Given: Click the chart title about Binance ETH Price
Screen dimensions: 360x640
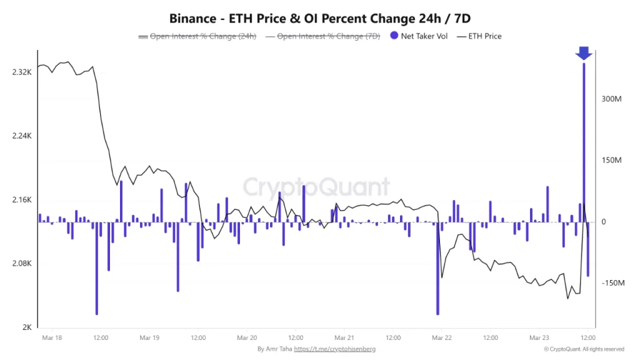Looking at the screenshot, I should pyautogui.click(x=320, y=19).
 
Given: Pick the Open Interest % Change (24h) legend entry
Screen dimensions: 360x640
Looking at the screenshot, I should pyautogui.click(x=197, y=36).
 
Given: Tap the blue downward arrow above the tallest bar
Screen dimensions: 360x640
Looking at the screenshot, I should pyautogui.click(x=584, y=54).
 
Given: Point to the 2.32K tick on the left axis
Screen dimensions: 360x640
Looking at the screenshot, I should pyautogui.click(x=21, y=72).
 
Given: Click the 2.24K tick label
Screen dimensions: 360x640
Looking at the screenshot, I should pyautogui.click(x=21, y=136).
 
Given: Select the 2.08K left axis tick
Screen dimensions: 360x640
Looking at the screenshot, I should pyautogui.click(x=21, y=264).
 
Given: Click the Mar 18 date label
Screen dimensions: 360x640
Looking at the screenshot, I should pyautogui.click(x=52, y=337).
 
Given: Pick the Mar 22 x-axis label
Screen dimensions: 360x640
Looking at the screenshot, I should pyautogui.click(x=441, y=337).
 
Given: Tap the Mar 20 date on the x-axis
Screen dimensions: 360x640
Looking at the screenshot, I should pyautogui.click(x=247, y=337).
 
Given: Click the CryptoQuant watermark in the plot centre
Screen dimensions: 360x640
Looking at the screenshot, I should pyautogui.click(x=316, y=187).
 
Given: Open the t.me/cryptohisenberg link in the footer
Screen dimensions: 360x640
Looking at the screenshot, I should pyautogui.click(x=334, y=349).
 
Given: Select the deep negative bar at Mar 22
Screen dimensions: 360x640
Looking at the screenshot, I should pyautogui.click(x=437, y=269).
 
